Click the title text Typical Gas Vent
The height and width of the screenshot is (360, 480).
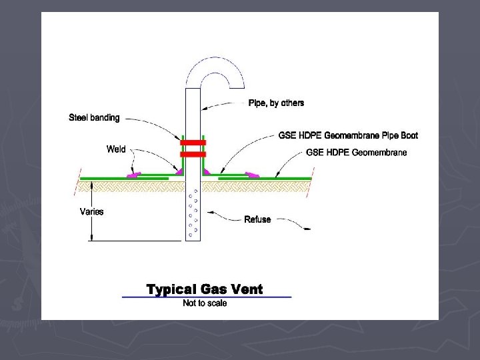205,289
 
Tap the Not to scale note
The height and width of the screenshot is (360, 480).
205,304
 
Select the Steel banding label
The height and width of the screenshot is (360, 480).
94,118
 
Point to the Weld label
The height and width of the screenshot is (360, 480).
116,149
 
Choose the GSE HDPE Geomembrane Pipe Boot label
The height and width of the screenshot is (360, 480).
348,136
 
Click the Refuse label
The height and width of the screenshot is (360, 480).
257,219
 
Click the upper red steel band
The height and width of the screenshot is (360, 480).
193,143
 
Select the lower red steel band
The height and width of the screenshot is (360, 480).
193,154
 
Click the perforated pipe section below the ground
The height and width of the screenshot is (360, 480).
193,213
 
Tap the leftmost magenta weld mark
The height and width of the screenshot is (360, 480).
135,175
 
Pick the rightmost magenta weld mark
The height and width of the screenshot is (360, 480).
252,175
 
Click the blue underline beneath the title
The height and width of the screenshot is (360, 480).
207,296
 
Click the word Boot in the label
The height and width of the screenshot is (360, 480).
408,136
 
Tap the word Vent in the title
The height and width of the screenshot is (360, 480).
244,289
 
